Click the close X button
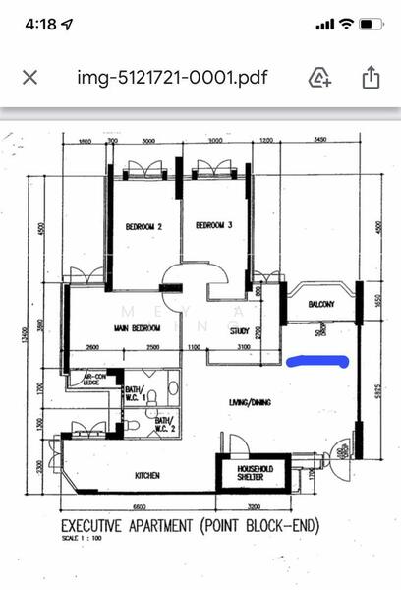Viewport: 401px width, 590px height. (x=30, y=77)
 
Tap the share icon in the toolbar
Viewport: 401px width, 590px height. (x=371, y=77)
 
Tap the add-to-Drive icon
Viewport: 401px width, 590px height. (x=320, y=77)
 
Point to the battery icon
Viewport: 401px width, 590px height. (x=371, y=23)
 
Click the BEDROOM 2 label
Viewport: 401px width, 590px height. (x=143, y=227)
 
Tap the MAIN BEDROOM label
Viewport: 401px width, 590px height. (x=136, y=328)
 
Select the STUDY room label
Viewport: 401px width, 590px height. (x=240, y=331)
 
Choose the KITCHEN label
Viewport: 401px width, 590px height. (x=147, y=476)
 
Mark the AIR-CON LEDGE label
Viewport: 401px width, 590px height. (x=94, y=380)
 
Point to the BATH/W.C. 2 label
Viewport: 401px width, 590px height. (x=163, y=425)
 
